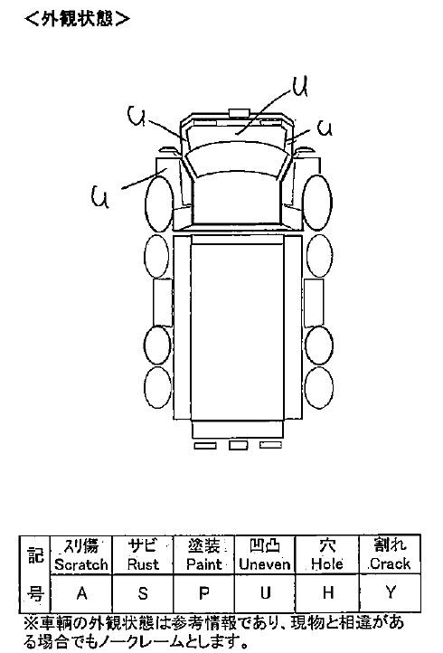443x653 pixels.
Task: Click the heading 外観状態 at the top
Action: tap(77, 18)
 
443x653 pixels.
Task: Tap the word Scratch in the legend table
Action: tap(81, 564)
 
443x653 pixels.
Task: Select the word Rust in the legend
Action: tap(143, 564)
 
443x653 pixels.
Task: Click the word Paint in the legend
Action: tap(204, 564)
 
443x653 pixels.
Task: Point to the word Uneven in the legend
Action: tap(265, 564)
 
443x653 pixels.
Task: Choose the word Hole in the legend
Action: tap(327, 564)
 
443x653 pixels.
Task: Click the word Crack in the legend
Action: tap(390, 563)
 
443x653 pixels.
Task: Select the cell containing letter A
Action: tap(81, 593)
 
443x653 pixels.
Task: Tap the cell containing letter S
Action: tap(143, 593)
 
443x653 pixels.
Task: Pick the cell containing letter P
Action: tap(203, 593)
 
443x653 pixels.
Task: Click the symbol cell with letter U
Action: tap(265, 593)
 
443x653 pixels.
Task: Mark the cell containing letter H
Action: tap(327, 593)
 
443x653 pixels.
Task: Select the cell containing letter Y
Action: tap(390, 593)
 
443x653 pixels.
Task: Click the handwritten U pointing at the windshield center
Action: tap(300, 87)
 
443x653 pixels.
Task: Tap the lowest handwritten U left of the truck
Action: tap(100, 196)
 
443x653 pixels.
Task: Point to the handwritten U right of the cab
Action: tap(325, 128)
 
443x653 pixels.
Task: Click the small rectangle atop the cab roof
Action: tap(239, 112)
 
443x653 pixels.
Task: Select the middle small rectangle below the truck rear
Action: tap(238, 445)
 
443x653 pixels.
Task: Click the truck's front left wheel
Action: tap(159, 204)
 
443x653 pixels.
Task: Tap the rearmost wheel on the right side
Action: tap(319, 388)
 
